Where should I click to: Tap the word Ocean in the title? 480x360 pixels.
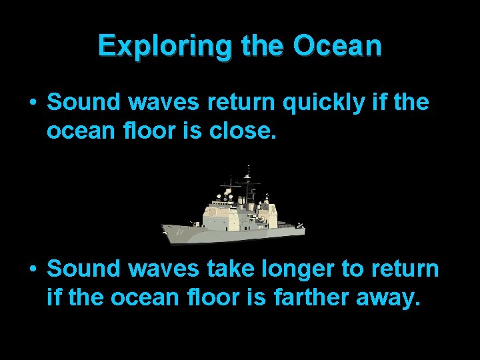pos(337,46)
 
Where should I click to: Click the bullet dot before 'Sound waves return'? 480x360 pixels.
pos(32,103)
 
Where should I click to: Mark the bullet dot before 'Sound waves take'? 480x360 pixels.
pos(32,269)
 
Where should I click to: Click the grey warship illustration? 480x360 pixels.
pos(233,213)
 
